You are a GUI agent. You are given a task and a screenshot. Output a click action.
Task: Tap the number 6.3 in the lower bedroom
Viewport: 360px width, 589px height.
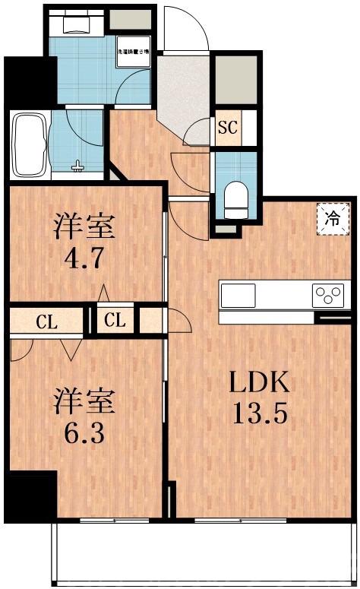pos(84,437)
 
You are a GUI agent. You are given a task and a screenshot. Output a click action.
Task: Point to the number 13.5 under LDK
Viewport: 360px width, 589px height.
pos(261,416)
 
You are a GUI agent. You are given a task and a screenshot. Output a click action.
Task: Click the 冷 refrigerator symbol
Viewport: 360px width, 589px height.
pos(333,219)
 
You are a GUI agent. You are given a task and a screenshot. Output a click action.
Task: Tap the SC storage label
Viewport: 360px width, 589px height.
pos(228,128)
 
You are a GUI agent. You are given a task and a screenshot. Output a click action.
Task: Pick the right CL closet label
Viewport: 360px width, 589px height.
pos(115,320)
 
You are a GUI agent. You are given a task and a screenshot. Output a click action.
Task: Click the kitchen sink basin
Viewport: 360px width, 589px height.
pos(238,295)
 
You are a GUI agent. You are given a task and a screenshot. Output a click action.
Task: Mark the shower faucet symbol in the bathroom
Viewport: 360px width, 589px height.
pos(78,165)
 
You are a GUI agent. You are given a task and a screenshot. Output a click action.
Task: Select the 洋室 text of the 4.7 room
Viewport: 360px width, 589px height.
pos(84,225)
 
